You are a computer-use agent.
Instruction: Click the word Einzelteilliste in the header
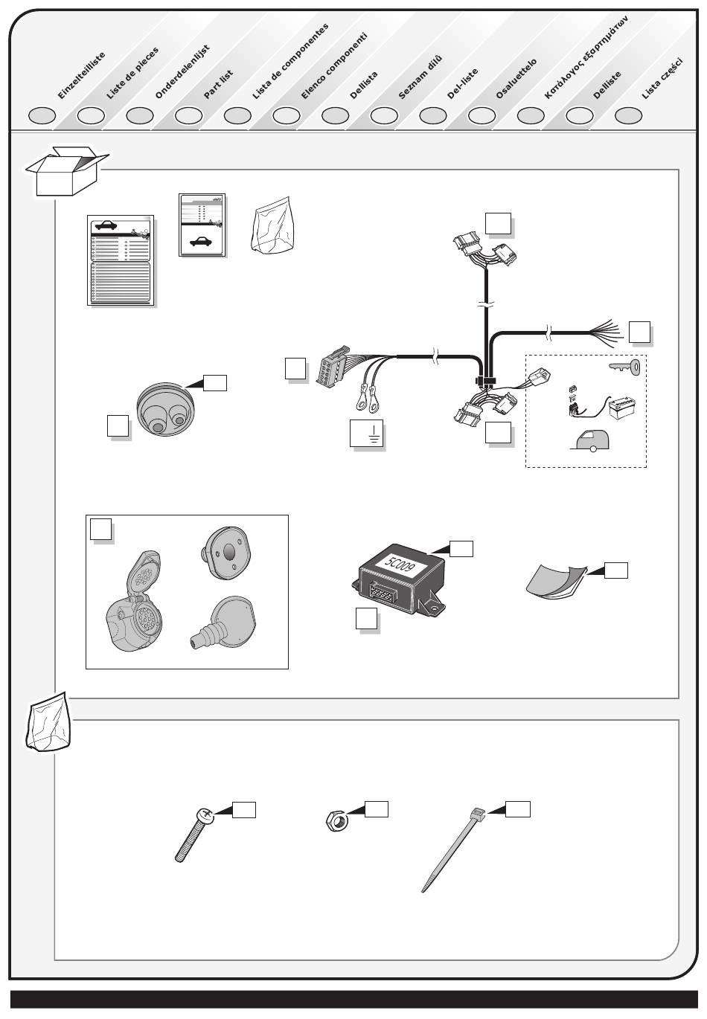coord(81,76)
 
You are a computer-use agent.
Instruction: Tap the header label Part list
coord(219,84)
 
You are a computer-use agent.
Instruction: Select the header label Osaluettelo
coord(516,79)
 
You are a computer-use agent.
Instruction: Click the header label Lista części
coord(662,78)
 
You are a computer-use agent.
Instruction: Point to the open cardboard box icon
coord(68,171)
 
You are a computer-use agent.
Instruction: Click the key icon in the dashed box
coord(624,366)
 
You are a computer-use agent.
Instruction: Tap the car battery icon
coord(622,406)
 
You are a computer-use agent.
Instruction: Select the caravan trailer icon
coord(590,440)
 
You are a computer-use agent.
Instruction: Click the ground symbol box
coord(366,433)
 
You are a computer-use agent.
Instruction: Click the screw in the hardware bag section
coord(192,835)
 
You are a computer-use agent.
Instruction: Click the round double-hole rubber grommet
coord(165,409)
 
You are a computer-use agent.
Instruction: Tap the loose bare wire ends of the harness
coord(606,332)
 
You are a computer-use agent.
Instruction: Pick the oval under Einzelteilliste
coord(42,115)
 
